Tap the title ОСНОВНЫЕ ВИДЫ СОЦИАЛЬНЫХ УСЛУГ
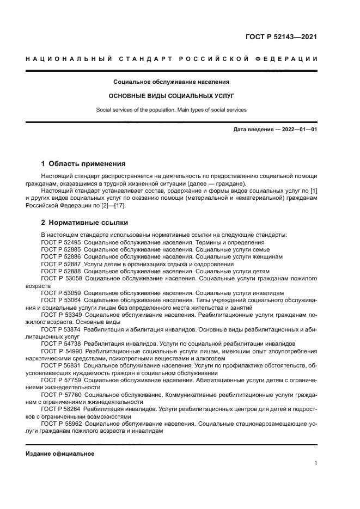tap(172, 95)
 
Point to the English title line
tap(172, 109)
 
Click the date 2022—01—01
tap(298, 130)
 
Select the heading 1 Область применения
tap(84, 163)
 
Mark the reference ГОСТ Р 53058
tap(62, 278)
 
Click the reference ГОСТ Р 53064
tap(62, 299)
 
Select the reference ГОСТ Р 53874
tap(62, 330)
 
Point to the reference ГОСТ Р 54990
tap(62, 351)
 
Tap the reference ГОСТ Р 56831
tap(62, 366)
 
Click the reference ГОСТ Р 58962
tap(62, 423)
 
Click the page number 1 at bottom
tap(316, 463)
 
